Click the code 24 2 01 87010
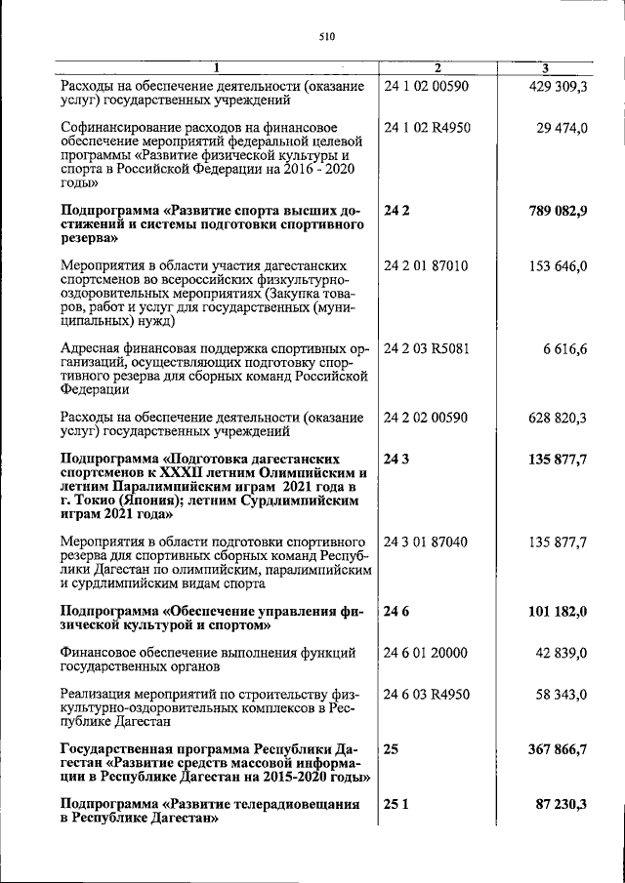click(426, 266)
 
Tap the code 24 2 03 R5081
click(428, 349)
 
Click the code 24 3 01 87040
click(426, 542)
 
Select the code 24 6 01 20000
click(426, 653)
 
